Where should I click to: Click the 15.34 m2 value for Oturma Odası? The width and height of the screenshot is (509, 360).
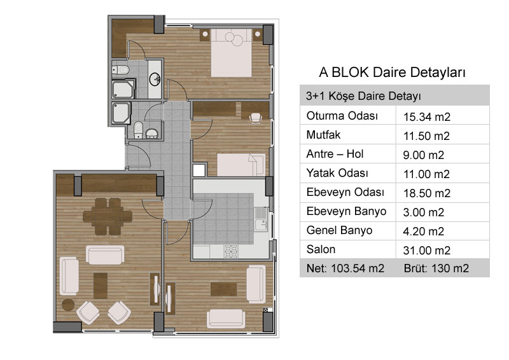[x=427, y=117]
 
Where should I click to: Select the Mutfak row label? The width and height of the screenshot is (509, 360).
[x=323, y=135]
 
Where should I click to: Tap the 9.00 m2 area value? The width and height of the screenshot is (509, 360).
[x=423, y=155]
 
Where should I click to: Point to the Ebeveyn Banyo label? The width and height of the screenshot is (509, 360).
[x=346, y=211]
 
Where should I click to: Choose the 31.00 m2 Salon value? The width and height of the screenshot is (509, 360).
[x=427, y=250]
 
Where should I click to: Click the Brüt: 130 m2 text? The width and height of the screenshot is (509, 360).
[x=436, y=268]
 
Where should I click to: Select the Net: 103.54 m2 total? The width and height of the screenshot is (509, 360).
[x=345, y=268]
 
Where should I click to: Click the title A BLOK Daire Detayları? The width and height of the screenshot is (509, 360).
[x=392, y=72]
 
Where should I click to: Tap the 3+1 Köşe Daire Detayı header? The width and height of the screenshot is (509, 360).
[x=363, y=96]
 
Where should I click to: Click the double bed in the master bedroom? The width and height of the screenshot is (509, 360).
[x=232, y=53]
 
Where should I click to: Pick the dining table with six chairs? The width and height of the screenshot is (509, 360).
[x=108, y=216]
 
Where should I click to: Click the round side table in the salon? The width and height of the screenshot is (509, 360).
[x=68, y=305]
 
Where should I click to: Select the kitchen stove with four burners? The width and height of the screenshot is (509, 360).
[x=231, y=252]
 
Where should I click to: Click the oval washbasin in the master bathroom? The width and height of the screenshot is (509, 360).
[x=155, y=79]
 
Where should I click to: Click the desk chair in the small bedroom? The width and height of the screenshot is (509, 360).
[x=256, y=118]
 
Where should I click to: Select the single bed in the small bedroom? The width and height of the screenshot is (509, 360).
[x=241, y=165]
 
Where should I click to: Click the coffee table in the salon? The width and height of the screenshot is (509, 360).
[x=101, y=286]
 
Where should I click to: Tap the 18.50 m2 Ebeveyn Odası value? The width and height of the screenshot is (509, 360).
[x=427, y=193]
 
